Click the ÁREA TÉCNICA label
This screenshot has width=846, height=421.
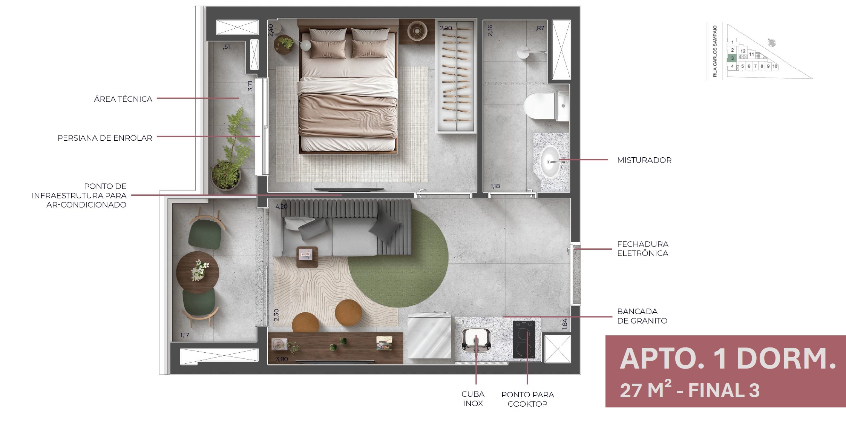[123, 99]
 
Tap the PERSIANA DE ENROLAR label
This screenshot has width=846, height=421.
[105, 138]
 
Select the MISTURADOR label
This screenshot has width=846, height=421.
[644, 160]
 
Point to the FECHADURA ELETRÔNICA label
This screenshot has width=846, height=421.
[642, 249]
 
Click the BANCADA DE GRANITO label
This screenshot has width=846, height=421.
[642, 316]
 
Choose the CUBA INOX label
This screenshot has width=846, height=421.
[473, 399]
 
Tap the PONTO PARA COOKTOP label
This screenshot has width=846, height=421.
[527, 399]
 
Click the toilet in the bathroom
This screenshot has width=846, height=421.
[546, 106]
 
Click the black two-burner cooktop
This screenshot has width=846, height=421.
[524, 340]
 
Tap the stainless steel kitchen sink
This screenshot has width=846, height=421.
[476, 340]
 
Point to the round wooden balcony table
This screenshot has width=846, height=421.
[198, 272]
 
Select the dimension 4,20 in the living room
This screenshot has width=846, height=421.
[282, 207]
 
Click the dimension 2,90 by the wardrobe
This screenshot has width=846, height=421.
[446, 28]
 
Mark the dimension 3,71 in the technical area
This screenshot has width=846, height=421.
[250, 86]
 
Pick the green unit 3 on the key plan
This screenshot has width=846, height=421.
[732, 58]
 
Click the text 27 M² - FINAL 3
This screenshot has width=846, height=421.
[690, 390]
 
